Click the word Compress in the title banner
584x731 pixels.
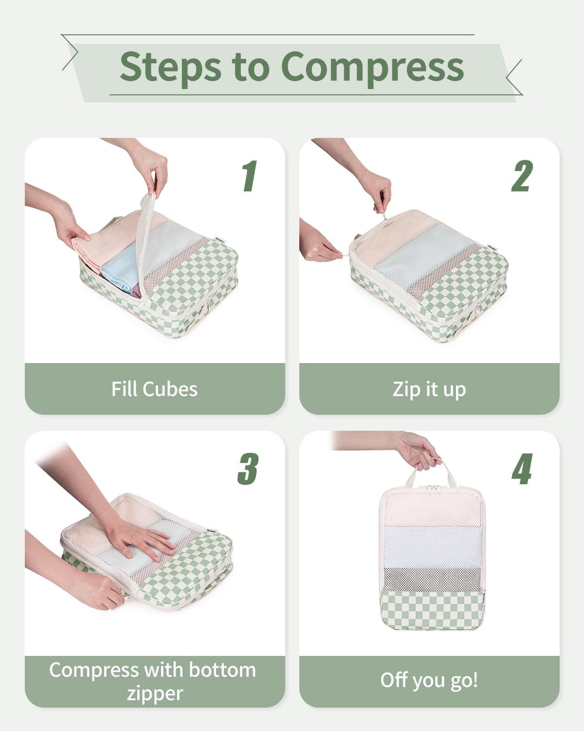point(372,67)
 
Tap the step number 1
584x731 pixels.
point(250,176)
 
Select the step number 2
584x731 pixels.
point(522,176)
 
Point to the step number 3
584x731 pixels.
point(248,469)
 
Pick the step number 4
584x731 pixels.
point(522,469)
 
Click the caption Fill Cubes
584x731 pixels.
point(154,389)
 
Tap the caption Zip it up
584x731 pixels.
point(429,389)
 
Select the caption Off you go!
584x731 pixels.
point(429,680)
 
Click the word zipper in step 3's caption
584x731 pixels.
point(155,693)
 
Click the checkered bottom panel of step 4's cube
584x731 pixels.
point(431,609)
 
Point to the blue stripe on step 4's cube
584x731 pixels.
point(432,546)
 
